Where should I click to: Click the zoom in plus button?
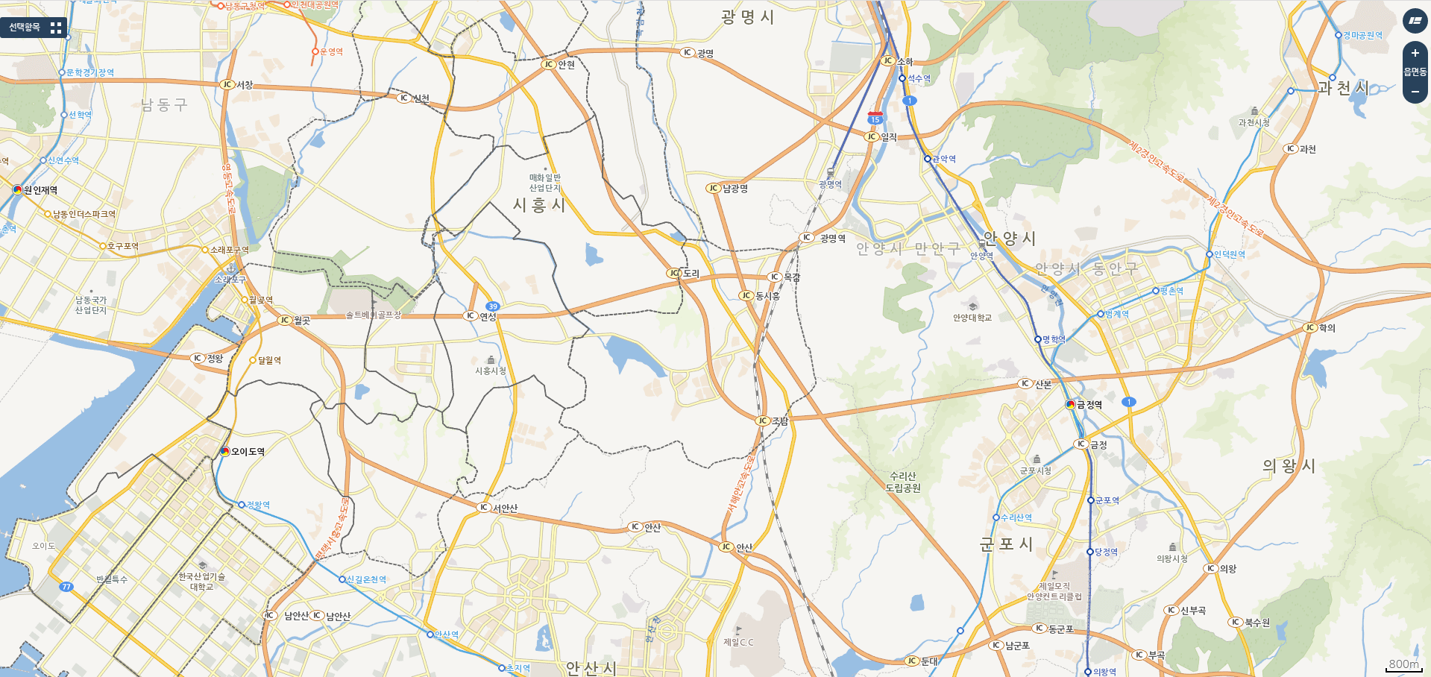pos(1415,54)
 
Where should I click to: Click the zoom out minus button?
pos(1415,91)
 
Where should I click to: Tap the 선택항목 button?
pos(34,28)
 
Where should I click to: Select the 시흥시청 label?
pos(491,371)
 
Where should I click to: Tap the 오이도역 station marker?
pos(225,451)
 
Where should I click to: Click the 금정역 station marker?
pos(1071,405)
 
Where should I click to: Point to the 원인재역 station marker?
pos(18,190)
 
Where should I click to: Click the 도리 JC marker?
pos(674,274)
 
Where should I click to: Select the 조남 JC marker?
pos(762,421)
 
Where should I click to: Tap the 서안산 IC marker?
pos(484,508)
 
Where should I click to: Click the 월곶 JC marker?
pos(284,321)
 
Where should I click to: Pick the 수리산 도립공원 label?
pos(902,482)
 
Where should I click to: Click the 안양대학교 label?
pos(972,318)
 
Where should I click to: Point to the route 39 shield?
pos(492,306)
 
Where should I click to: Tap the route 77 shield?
pos(66,587)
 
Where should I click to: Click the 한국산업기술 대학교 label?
pos(201,582)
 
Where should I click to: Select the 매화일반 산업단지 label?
pos(544,183)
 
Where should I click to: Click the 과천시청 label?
pos(1254,122)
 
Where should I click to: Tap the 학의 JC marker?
pos(1310,328)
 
